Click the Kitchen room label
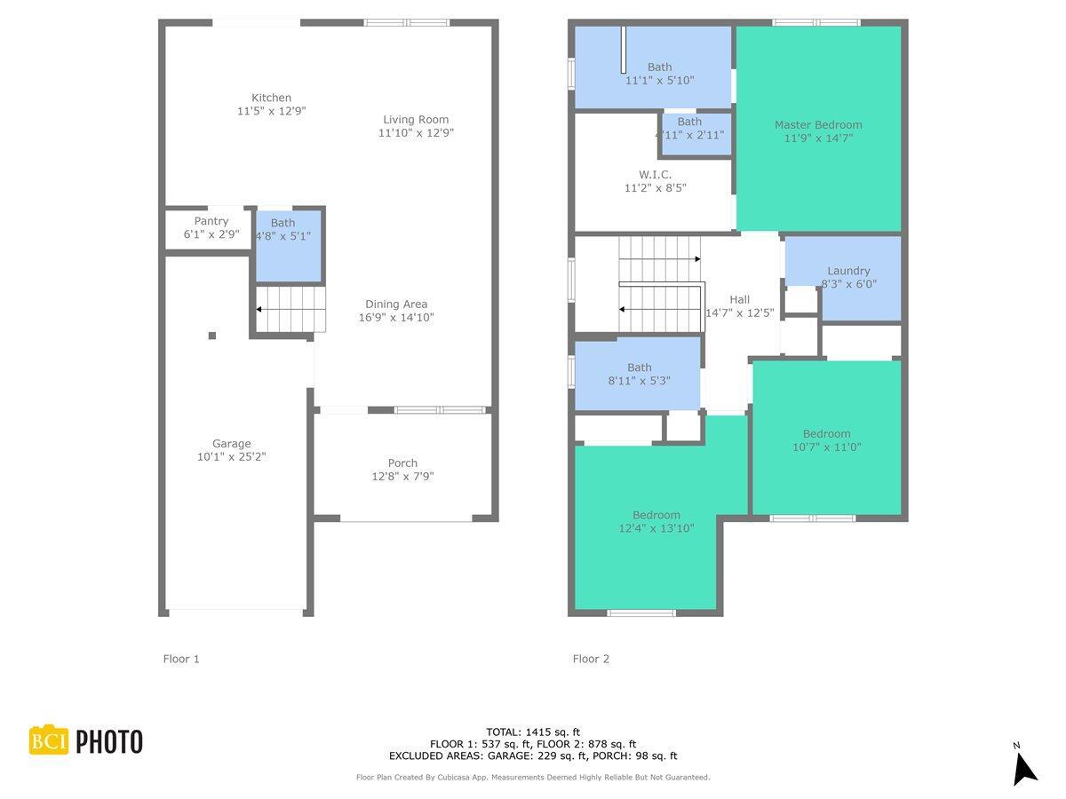pyautogui.click(x=271, y=98)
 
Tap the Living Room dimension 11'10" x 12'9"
pyautogui.click(x=416, y=133)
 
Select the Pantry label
pyautogui.click(x=211, y=221)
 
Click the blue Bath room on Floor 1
pyautogui.click(x=289, y=246)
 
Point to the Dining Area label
pyautogui.click(x=396, y=305)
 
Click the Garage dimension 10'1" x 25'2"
pyautogui.click(x=231, y=456)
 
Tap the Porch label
pyautogui.click(x=402, y=463)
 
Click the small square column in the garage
pyautogui.click(x=212, y=336)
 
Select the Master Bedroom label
pyautogui.click(x=818, y=124)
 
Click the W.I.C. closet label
pyautogui.click(x=655, y=175)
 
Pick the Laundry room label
pyautogui.click(x=848, y=271)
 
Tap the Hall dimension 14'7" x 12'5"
pyautogui.click(x=740, y=312)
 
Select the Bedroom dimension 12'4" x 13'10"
pyautogui.click(x=656, y=528)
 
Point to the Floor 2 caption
pyautogui.click(x=591, y=659)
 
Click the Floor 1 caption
pyautogui.click(x=181, y=659)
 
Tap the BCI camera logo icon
pyautogui.click(x=49, y=740)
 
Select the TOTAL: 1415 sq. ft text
pyautogui.click(x=533, y=732)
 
